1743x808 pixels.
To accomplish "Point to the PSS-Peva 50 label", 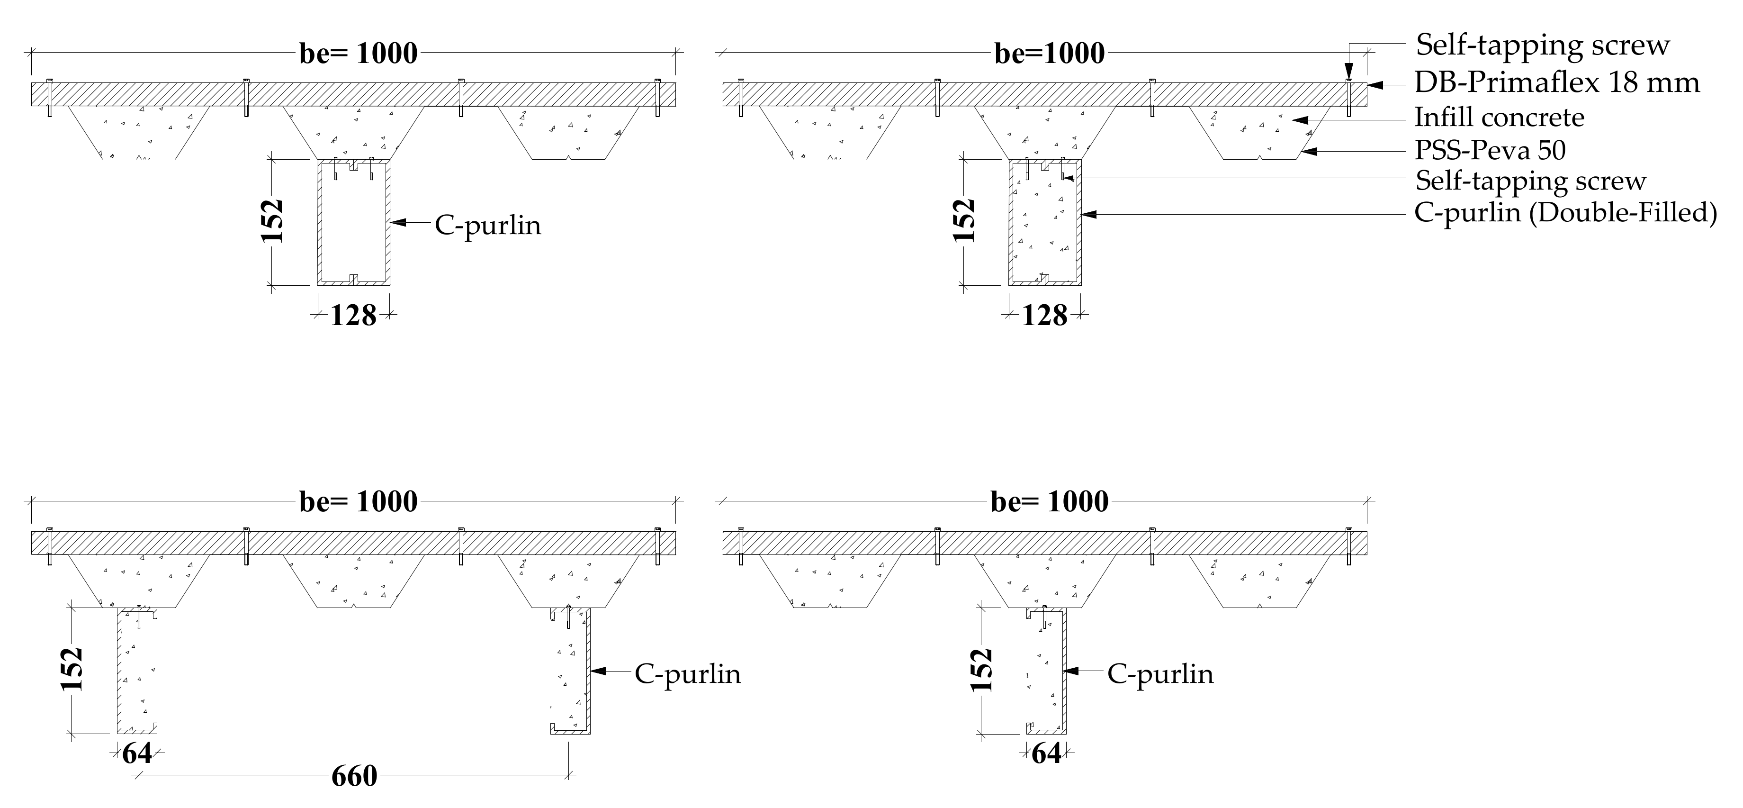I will click(x=1490, y=150).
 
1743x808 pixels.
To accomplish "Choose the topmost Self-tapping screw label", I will click(x=1543, y=46).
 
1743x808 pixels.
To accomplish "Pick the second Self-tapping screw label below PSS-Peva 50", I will click(x=1530, y=181).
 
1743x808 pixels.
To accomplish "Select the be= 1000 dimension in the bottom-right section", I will click(x=1050, y=501).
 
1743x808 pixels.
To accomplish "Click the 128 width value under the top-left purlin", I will click(x=353, y=315).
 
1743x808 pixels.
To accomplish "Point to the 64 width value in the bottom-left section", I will click(x=137, y=753).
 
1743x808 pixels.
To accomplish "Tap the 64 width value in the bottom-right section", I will click(x=1046, y=753).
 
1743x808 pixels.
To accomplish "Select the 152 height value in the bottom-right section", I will click(x=981, y=670).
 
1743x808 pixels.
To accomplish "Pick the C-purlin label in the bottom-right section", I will click(x=1160, y=674).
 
